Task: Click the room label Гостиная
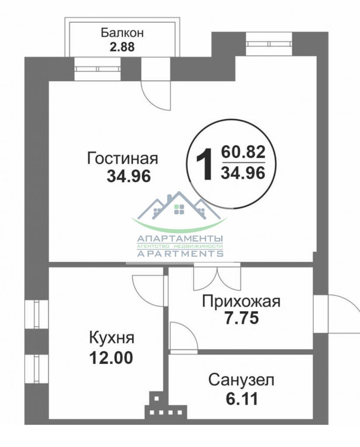tap(122, 158)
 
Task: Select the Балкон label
tap(122, 33)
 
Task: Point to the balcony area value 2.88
tap(122, 47)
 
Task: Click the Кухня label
tap(111, 338)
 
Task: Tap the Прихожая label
tap(240, 301)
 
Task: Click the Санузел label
tap(241, 380)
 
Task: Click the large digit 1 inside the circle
tap(204, 164)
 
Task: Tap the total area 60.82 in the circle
tap(243, 153)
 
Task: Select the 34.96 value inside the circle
tap(243, 173)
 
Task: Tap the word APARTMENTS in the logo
tap(180, 254)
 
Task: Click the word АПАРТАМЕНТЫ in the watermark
tap(180, 239)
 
